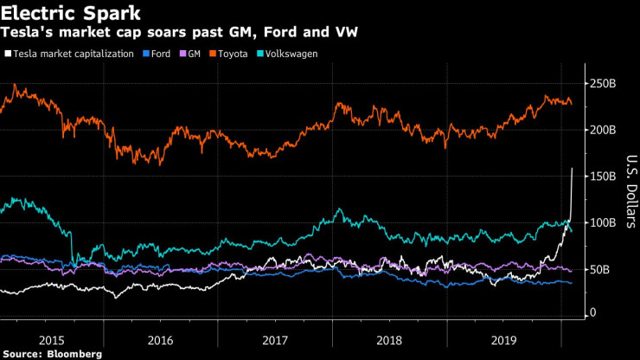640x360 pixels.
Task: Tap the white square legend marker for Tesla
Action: (x=8, y=54)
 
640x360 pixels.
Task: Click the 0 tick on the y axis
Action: (x=593, y=312)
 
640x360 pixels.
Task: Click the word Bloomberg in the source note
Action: (x=76, y=353)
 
